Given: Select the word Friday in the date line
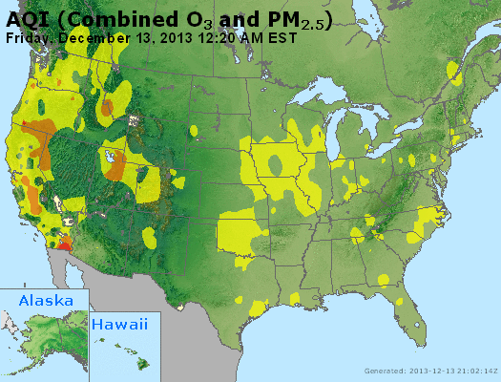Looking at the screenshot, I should point(28,38).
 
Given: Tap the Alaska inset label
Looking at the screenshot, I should point(45,300).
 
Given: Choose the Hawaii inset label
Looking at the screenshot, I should point(120,325).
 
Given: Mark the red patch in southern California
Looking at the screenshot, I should point(64,244).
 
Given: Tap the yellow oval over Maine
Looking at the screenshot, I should point(452,70).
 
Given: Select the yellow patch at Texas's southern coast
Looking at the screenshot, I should point(258,308).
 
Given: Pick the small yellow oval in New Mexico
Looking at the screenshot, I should point(149,235).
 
